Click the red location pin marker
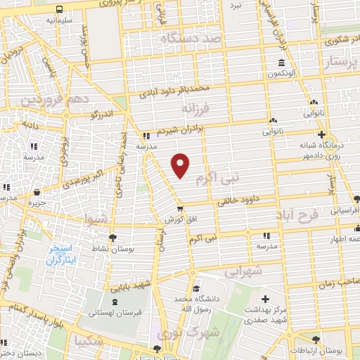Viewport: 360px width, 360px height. tap(181, 165)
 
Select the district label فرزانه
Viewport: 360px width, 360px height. tap(195, 110)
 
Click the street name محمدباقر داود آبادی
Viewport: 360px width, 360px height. tap(179, 90)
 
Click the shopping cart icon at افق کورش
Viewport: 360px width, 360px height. tap(181, 209)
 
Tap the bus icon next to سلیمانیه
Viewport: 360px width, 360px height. tap(58, 10)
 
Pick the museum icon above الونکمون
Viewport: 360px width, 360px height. tap(273, 63)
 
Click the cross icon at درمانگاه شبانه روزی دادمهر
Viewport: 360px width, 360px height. tap(321, 134)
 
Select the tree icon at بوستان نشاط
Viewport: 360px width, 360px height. tap(112, 238)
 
